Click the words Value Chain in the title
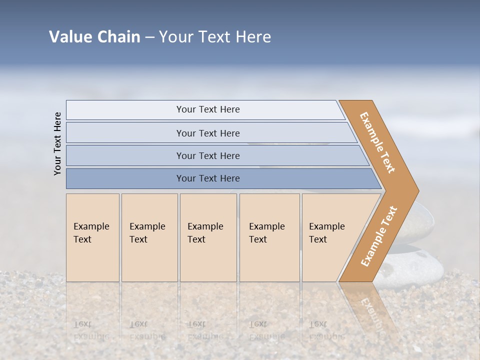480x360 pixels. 94,37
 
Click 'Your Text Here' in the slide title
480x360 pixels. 215,37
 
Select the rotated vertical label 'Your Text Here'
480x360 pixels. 57,143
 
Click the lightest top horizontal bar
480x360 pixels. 207,109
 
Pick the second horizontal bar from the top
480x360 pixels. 207,133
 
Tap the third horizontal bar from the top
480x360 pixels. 207,155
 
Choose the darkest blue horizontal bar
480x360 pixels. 207,178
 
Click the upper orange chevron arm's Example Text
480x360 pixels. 377,142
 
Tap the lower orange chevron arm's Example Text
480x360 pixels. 379,236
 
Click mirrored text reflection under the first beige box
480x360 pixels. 91,330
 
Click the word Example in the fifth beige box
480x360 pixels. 326,226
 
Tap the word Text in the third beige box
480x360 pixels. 196,239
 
